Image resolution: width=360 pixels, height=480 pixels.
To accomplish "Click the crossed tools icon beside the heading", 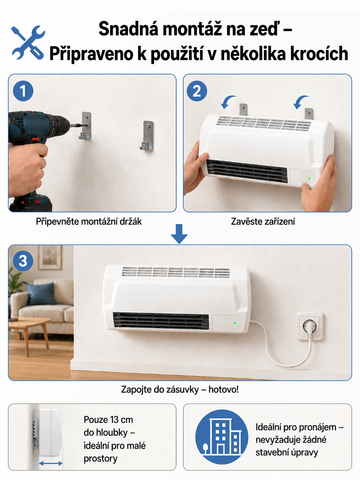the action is pos(28,43).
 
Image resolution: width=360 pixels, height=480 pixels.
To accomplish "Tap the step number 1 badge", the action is pos(23,91).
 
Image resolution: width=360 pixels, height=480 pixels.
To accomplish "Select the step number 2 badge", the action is pos(197,91).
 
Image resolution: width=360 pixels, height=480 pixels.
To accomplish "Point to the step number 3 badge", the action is pos(23,261).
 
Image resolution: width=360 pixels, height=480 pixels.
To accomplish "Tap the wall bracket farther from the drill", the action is pos(147,136).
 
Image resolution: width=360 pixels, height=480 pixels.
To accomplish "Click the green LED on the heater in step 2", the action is pos(310,178).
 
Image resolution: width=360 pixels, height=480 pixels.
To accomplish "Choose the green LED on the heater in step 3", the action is pos(235,323).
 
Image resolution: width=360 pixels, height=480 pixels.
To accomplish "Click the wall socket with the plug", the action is pos(310,326).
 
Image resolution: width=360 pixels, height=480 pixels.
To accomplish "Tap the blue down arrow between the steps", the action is pos(179,234).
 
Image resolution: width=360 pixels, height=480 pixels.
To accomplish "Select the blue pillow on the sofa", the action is pos(41,294).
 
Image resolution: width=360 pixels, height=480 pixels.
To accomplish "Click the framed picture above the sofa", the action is pos(50,257).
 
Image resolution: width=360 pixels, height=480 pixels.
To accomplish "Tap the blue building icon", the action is pos(222,436).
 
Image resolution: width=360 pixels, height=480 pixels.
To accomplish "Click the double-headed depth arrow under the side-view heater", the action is pos(51,464).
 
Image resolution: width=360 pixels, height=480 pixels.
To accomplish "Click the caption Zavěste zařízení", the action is pos(263,222).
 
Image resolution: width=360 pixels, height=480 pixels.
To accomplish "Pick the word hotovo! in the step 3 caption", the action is pos(224,390).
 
